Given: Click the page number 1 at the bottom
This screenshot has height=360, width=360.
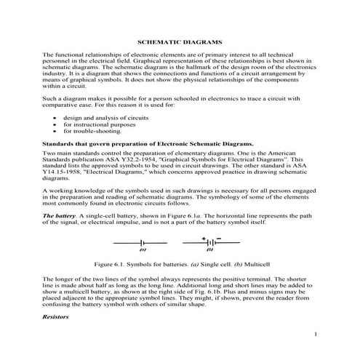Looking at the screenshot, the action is point(316,334).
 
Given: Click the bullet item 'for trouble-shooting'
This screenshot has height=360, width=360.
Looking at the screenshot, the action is point(88,132).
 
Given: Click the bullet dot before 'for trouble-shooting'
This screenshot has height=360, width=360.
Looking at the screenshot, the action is point(49,132).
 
